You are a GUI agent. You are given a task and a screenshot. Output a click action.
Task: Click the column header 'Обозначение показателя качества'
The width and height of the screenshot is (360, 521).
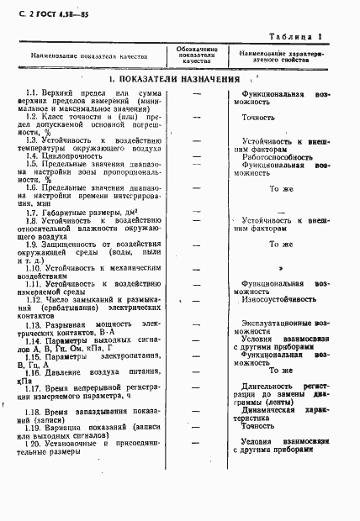click(196, 56)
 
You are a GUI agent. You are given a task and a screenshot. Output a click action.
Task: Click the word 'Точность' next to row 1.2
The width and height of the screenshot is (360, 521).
click(259, 118)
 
